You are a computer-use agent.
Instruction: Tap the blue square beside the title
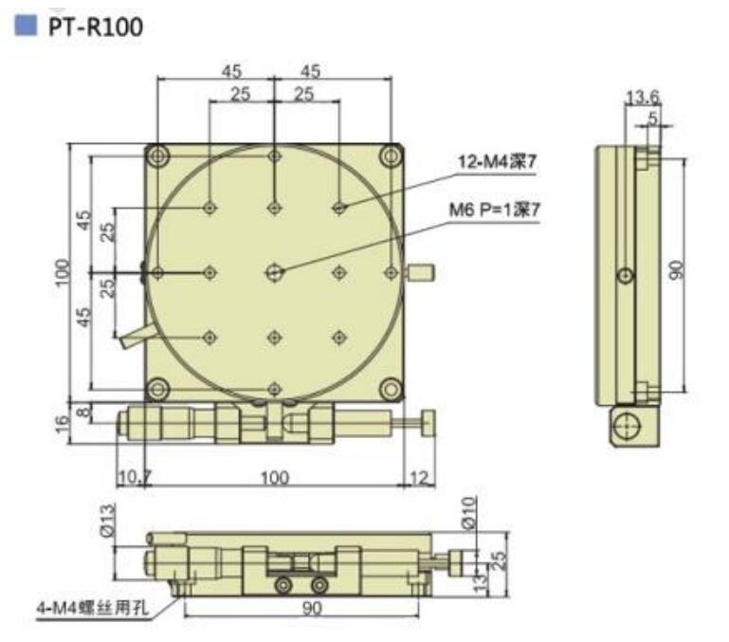coord(26,26)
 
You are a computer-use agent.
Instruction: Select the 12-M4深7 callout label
coord(497,162)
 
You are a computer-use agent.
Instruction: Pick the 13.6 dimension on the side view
coord(643,95)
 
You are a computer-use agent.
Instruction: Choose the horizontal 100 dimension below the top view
coord(274,477)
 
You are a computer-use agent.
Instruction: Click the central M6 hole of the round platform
coord(274,272)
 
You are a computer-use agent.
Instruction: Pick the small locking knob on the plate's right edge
coord(420,273)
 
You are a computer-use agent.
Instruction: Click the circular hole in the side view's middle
coord(624,275)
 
